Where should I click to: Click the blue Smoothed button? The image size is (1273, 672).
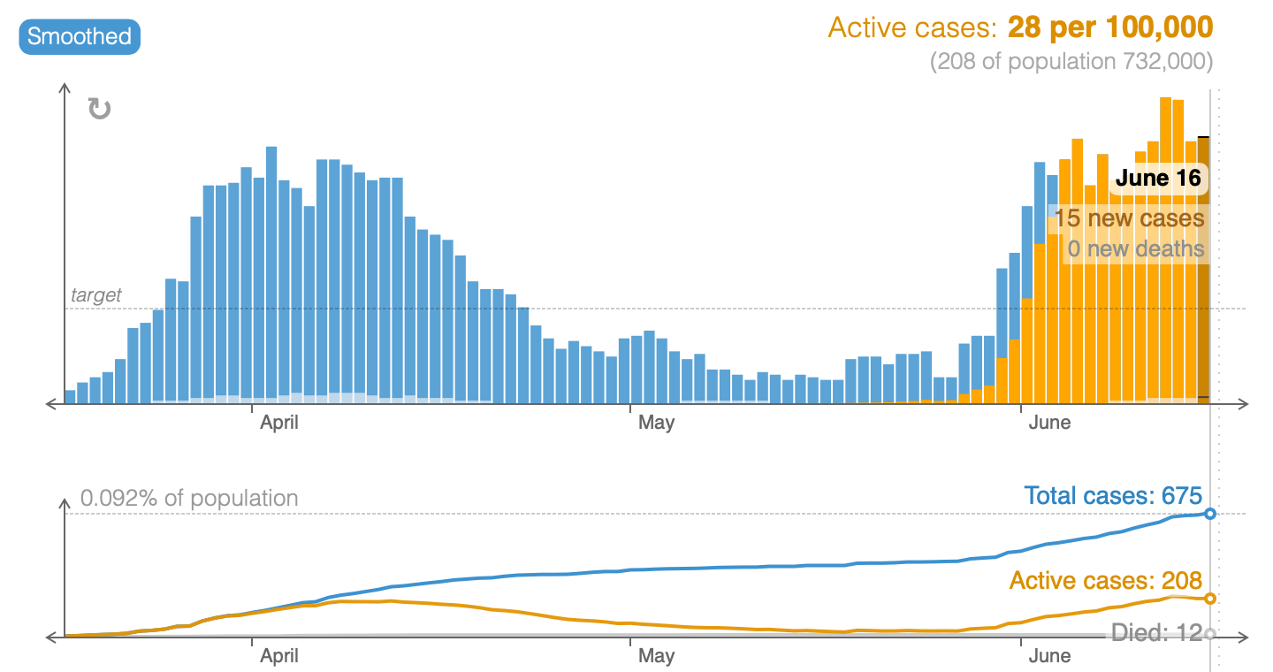point(80,37)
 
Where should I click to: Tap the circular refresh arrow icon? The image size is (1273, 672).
point(99,109)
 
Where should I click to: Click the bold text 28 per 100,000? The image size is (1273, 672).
point(1109,27)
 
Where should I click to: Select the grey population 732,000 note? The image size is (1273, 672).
point(1071,62)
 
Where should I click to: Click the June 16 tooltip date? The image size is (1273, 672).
point(1157,179)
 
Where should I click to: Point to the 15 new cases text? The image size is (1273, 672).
point(1128,218)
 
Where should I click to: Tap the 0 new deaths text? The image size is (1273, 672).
point(1135,248)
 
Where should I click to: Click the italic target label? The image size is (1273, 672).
point(95,295)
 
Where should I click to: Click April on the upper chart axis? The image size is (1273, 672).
point(278,423)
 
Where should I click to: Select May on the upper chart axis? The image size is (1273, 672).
point(656,423)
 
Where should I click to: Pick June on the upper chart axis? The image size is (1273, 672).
point(1049,423)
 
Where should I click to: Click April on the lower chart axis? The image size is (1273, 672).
point(278,656)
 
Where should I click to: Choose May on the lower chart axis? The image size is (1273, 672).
point(656,656)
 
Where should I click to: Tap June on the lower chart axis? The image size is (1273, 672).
point(1049,656)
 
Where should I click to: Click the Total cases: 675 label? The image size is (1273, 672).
point(1112,496)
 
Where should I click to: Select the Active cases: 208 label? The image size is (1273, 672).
point(1105,581)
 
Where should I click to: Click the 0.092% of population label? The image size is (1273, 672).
point(189,499)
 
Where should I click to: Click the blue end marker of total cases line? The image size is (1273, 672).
point(1210,514)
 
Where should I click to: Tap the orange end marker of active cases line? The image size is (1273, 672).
point(1210,599)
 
